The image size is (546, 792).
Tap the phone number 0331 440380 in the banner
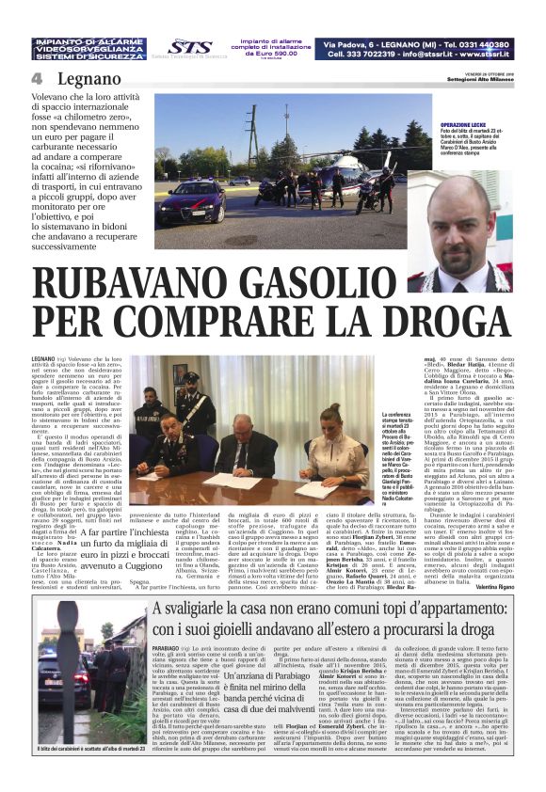coord(474,44)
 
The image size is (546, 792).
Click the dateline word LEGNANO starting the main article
coord(43,358)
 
